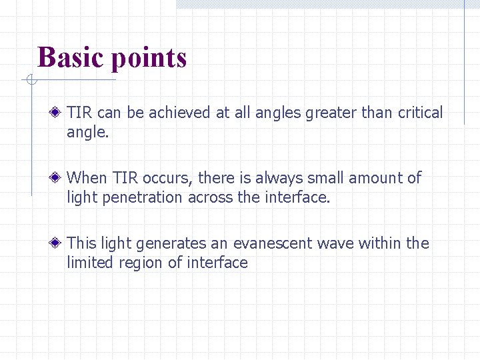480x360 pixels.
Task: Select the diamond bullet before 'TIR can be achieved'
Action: coord(59,113)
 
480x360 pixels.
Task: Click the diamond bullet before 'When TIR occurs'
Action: coord(59,178)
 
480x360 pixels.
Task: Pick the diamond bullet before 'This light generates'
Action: coord(59,243)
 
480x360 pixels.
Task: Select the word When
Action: coord(87,178)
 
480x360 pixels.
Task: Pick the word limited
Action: coord(90,263)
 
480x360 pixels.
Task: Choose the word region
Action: coord(141,263)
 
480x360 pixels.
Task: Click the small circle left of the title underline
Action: coord(30,81)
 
